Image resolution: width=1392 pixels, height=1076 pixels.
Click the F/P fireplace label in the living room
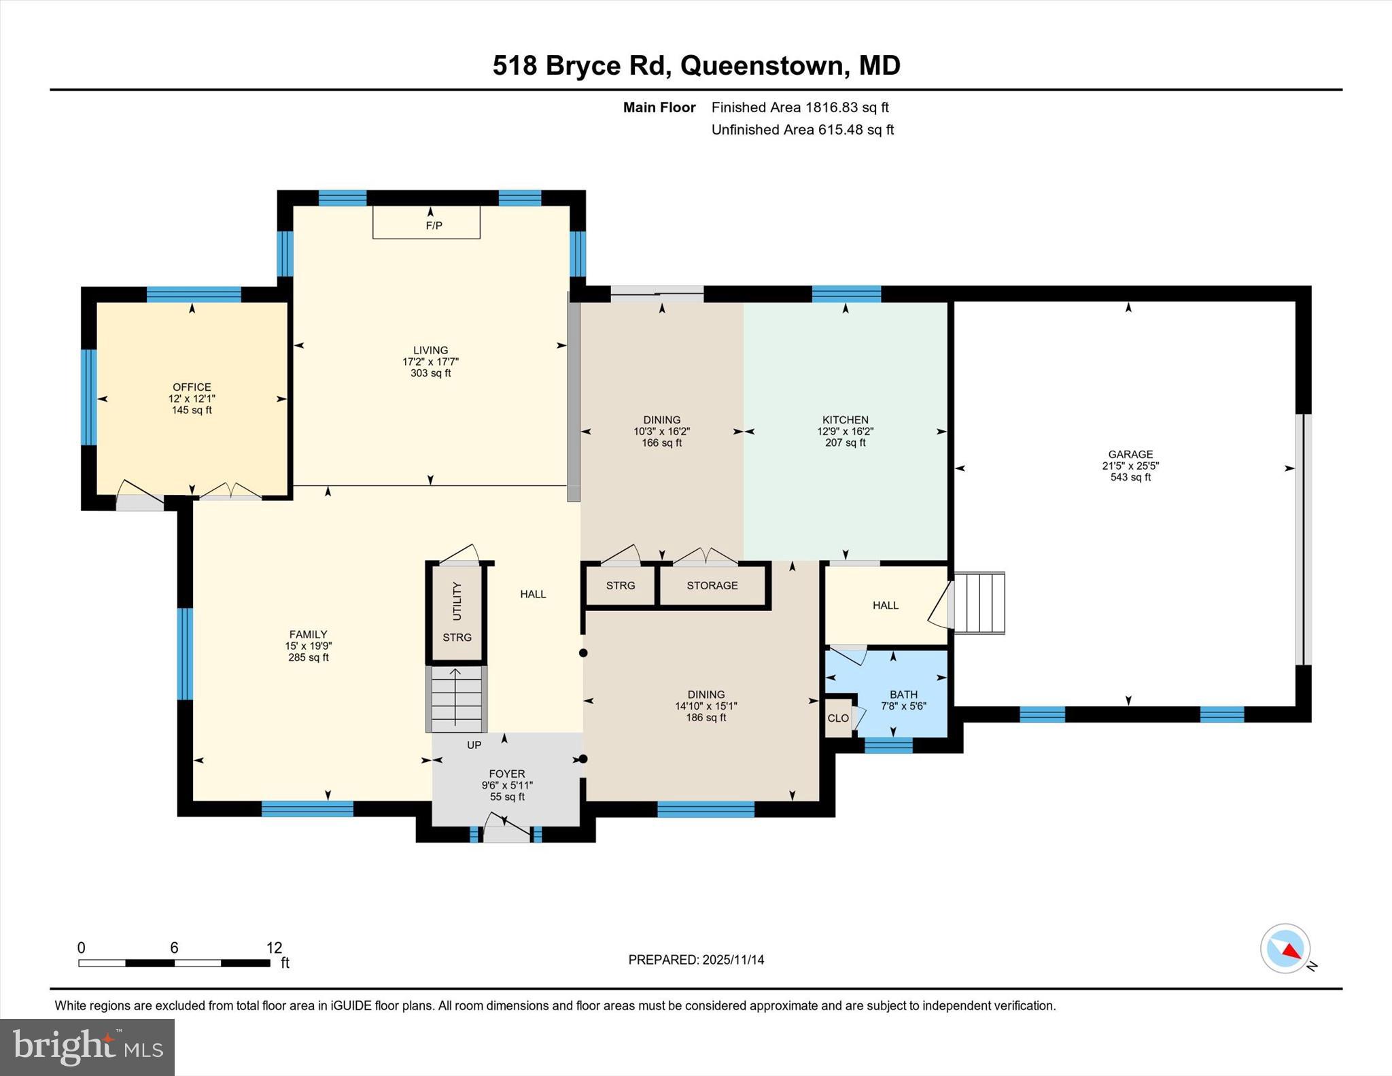pos(434,225)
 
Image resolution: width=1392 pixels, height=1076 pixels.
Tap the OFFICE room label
pos(192,387)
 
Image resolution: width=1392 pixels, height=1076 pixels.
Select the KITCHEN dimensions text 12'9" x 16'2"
pos(845,431)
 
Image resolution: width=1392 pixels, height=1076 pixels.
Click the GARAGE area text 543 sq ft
pos(1130,477)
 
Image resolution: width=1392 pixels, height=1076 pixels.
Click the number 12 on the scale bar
pos(274,948)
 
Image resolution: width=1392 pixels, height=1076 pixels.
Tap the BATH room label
pos(903,694)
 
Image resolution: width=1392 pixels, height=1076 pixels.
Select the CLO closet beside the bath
pos(838,718)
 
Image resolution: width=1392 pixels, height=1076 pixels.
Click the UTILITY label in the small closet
pos(457,601)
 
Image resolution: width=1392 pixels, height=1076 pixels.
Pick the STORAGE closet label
pos(712,585)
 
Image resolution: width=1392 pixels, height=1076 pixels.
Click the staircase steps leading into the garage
pos(979,603)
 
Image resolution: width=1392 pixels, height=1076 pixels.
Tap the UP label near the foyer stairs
pos(474,745)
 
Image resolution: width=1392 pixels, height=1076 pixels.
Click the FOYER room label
pos(506,774)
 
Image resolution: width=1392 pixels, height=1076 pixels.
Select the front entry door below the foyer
pos(506,835)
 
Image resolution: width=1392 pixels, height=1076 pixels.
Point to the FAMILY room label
pos(308,634)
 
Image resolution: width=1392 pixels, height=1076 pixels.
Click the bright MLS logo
pos(87,1047)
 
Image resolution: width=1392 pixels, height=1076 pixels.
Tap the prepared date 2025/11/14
pos(733,960)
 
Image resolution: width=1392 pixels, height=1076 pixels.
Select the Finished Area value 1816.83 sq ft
pos(846,107)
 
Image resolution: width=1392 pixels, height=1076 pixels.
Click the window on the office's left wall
pos(89,397)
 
